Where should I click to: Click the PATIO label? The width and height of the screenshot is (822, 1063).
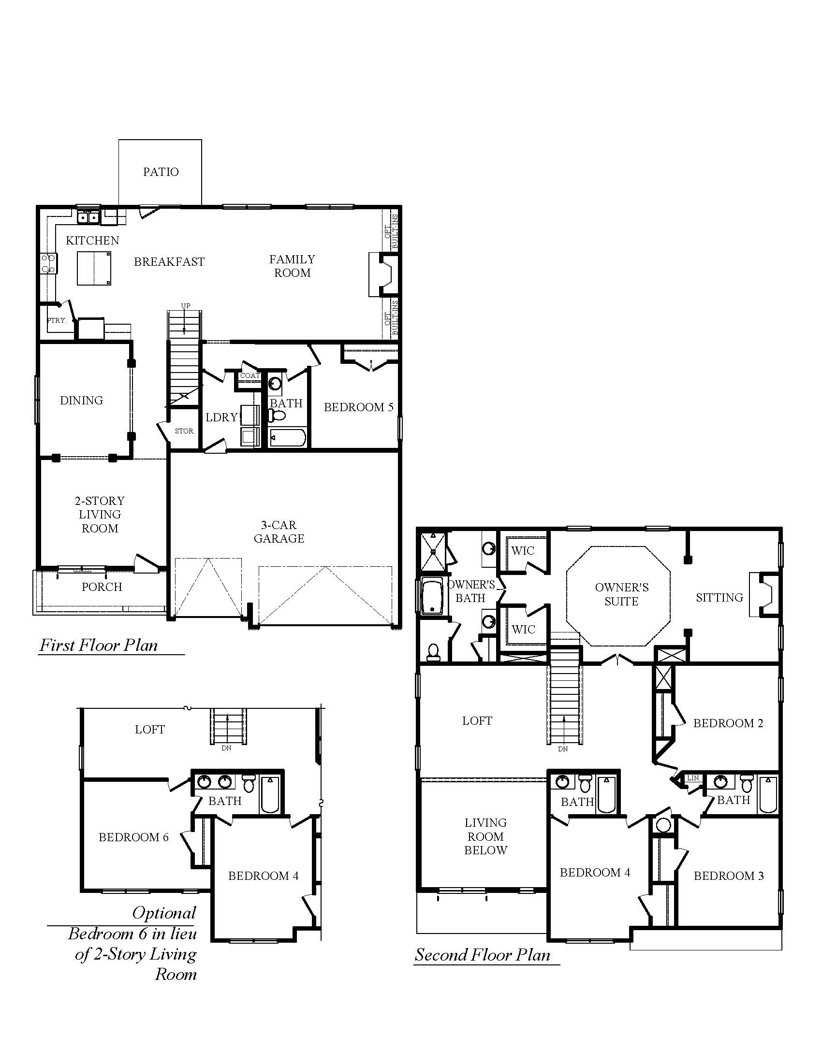161,172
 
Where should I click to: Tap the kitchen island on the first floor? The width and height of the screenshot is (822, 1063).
94,268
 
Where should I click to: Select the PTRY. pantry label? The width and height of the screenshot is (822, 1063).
57,320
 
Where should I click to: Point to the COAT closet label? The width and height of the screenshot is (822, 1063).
250,376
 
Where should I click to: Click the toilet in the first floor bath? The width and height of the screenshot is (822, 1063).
278,415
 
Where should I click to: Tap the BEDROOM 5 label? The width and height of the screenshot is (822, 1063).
358,407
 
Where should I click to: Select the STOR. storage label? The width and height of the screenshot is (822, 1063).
185,431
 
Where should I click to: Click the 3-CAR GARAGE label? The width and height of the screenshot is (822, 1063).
279,531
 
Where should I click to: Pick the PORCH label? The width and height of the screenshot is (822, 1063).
102,587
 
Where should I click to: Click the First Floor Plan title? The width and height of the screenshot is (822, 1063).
99,646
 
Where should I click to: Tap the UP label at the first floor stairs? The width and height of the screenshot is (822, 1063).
186,306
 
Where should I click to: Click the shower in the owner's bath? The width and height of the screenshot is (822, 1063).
432,551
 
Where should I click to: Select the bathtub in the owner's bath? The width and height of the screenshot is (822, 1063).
431,597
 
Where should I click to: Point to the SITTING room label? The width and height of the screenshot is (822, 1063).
719,597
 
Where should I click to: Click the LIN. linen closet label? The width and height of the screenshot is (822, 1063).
693,778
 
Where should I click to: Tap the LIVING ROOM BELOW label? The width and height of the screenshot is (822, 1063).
485,836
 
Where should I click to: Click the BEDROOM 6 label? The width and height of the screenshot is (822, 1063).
133,837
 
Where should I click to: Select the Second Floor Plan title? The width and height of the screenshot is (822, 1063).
482,955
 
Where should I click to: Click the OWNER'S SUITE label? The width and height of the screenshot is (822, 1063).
621,594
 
